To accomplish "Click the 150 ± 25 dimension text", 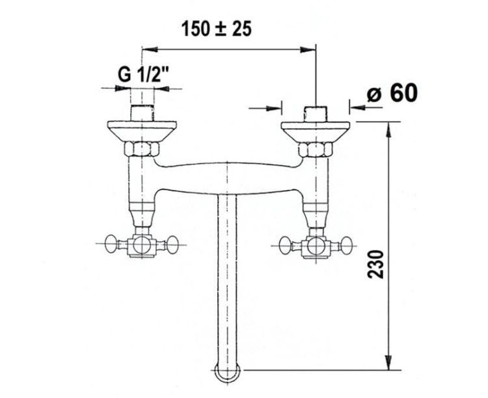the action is click(217, 29).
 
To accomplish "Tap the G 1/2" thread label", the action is click(144, 75).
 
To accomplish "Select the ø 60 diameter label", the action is click(392, 93).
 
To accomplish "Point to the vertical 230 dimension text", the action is click(376, 264).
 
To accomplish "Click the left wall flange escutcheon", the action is click(142, 131).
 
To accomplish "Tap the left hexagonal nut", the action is click(142, 149).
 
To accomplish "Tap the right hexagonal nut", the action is click(316, 150).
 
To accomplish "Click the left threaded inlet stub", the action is click(142, 113).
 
